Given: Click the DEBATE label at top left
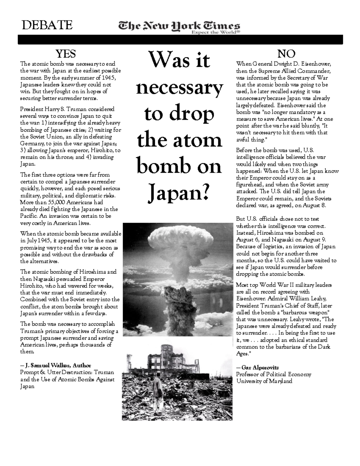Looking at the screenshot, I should coord(47,25).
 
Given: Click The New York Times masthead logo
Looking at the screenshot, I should coord(179,26).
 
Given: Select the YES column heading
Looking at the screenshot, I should coord(66,54).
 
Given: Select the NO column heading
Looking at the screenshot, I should coord(286,54).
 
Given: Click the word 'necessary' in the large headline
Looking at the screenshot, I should coord(179,88).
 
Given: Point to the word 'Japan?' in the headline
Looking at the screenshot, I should coord(179,193).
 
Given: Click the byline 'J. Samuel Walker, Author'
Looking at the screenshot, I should coord(56,365).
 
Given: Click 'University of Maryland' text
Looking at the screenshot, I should coord(264,381).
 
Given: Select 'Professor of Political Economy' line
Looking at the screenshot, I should coord(273,374).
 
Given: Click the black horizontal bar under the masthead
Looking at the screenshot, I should coord(180,40).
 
